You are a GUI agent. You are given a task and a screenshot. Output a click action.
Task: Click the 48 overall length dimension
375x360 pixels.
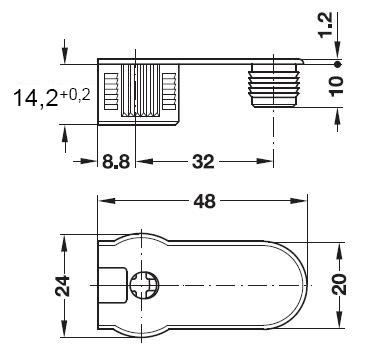point(204,201)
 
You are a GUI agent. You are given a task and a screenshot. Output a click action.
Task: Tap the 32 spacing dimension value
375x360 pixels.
point(203,162)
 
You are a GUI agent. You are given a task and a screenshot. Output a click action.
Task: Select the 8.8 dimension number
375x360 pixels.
point(116,162)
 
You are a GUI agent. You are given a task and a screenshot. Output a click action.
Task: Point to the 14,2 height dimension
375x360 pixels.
point(36,98)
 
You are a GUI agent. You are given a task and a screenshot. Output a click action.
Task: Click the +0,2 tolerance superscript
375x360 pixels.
point(75,95)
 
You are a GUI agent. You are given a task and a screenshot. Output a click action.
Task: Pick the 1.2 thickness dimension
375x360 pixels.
point(325,25)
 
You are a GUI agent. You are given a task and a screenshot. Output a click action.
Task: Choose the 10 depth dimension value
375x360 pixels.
point(336,86)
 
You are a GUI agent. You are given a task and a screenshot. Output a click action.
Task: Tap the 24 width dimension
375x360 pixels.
point(63,286)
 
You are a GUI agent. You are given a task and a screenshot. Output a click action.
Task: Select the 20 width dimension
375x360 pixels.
point(340,284)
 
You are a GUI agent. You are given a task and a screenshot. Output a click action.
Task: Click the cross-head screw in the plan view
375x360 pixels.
point(144,286)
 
